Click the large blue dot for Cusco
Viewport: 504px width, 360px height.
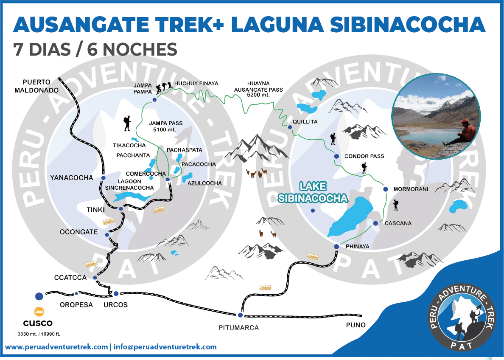click(39, 296)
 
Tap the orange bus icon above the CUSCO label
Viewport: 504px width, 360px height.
click(39, 312)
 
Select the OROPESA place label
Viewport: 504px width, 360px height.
click(76, 305)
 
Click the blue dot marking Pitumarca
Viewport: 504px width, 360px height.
click(240, 315)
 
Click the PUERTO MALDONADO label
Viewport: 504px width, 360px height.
click(32, 86)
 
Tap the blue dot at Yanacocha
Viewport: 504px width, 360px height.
click(103, 178)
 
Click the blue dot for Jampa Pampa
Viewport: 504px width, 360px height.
click(154, 100)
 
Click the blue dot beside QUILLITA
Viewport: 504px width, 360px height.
click(290, 127)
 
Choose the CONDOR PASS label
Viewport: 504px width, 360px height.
click(364, 156)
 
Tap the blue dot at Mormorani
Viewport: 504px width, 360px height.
click(386, 189)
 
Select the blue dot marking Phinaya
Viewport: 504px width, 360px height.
click(336, 247)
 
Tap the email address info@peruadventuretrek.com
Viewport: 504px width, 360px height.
click(165, 347)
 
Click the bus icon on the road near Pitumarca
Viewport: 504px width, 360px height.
click(265, 287)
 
